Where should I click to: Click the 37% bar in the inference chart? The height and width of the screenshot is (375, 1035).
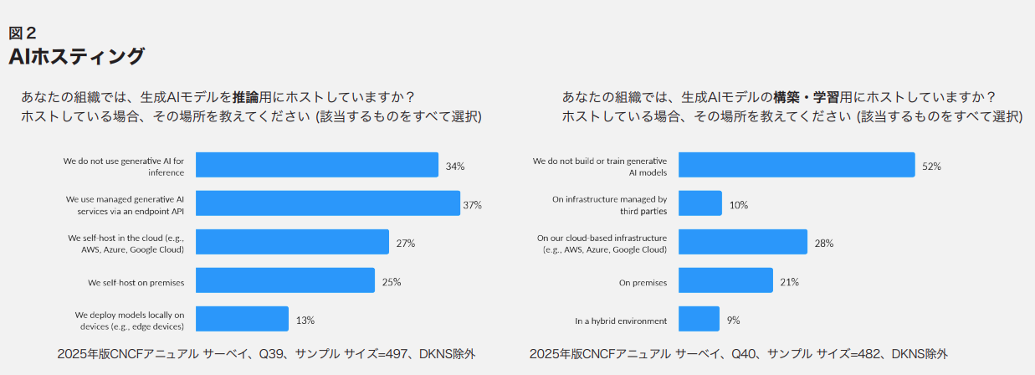(327, 203)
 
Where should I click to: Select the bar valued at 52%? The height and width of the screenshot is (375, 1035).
(796, 165)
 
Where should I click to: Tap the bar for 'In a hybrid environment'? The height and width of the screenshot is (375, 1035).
(699, 319)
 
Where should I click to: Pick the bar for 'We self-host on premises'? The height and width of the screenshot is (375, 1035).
(285, 280)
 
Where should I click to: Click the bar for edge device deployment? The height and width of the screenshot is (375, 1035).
(242, 319)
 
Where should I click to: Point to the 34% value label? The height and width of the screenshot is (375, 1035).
(455, 167)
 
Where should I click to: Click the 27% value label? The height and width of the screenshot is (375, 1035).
(406, 244)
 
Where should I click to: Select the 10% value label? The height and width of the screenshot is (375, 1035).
(739, 205)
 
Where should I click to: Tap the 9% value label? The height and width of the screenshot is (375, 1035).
(733, 321)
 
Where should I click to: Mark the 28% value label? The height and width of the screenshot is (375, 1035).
(824, 244)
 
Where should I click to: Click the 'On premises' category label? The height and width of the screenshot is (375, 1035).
(643, 283)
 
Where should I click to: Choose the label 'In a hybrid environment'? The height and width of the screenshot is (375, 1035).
(621, 321)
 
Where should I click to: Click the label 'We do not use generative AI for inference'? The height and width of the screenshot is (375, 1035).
(124, 165)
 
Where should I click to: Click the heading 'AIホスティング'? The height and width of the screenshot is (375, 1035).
(77, 57)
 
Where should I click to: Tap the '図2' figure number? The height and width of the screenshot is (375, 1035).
(23, 33)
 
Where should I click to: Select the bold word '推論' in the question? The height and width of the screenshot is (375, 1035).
(245, 97)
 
